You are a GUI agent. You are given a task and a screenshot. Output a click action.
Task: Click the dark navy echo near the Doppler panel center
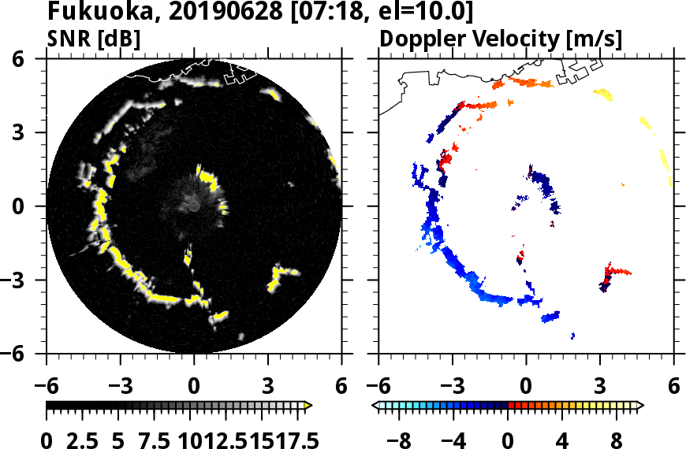tap(544, 189)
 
